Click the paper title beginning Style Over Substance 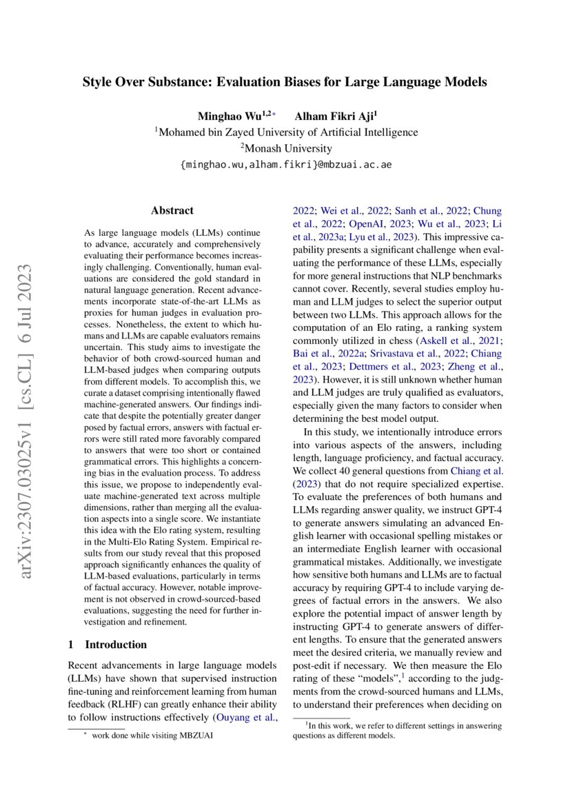tap(285, 82)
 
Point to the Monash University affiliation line tap(285, 148)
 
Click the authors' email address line tap(285, 165)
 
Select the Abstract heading tap(172, 210)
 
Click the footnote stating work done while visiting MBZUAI tap(152, 736)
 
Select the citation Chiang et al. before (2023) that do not tap(476, 471)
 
